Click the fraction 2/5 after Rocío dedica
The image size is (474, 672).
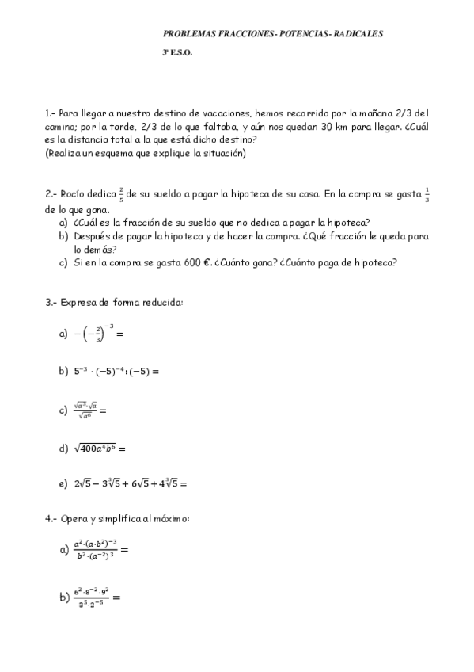click(121, 193)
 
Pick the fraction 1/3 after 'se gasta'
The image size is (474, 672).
click(427, 193)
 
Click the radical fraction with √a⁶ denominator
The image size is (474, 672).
click(86, 410)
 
